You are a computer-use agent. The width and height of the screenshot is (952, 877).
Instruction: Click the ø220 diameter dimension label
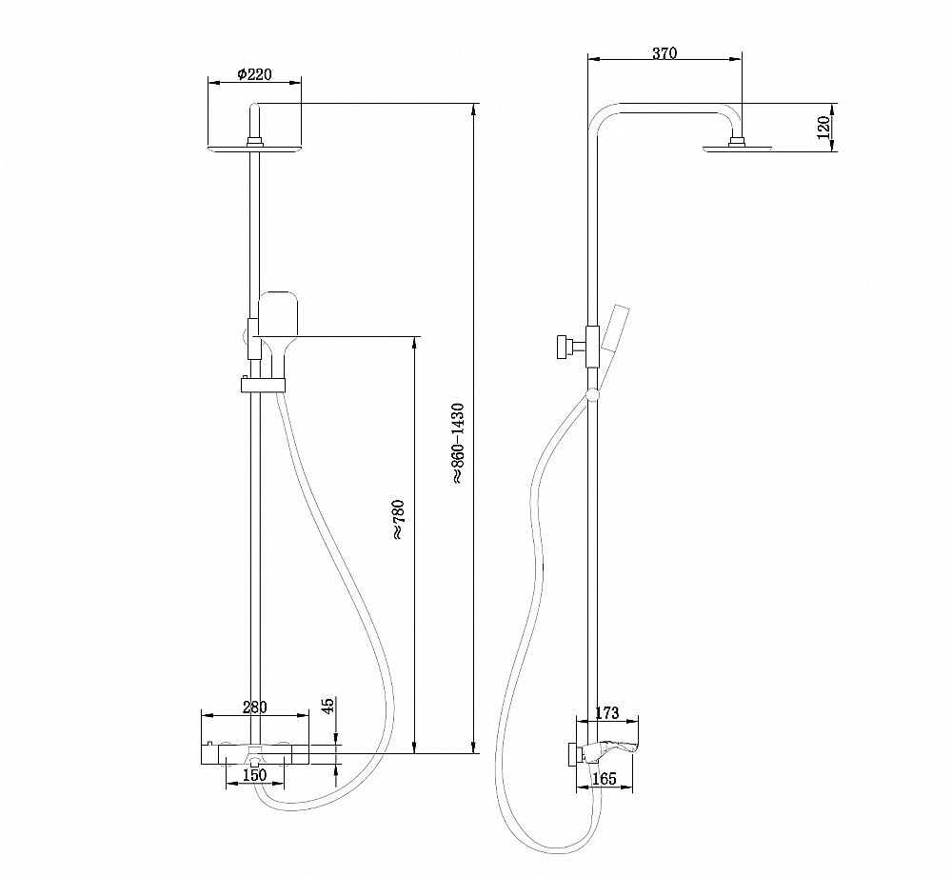click(x=254, y=73)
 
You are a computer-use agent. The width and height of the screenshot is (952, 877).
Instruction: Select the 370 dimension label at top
click(x=664, y=54)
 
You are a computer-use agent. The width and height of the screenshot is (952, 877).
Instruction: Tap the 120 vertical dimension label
click(x=823, y=126)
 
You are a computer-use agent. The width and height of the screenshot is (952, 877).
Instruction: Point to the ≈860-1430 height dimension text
click(x=458, y=445)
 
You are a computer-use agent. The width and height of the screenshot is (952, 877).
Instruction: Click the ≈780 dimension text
click(x=398, y=520)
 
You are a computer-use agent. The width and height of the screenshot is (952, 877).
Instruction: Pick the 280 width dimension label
click(x=255, y=707)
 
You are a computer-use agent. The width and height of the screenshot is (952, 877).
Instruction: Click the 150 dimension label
click(x=254, y=775)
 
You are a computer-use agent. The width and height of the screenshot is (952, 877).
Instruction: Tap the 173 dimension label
click(x=606, y=712)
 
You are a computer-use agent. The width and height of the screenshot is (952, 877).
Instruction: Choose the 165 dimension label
click(x=603, y=779)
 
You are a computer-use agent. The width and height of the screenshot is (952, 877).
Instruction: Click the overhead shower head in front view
click(x=254, y=148)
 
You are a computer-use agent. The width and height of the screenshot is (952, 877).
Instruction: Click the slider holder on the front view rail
click(x=261, y=385)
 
